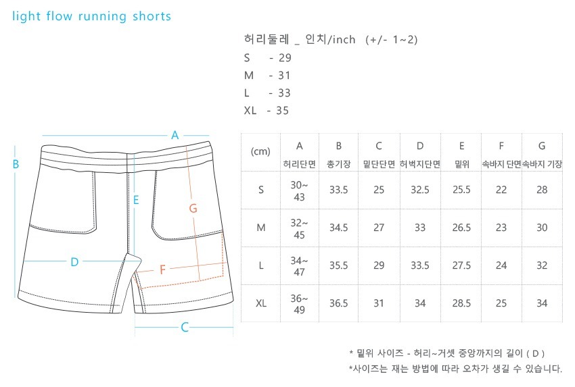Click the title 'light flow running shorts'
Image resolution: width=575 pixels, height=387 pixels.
click(x=92, y=16)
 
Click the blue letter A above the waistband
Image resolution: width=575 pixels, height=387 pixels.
click(x=175, y=134)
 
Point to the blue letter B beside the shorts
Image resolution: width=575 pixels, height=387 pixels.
click(x=15, y=163)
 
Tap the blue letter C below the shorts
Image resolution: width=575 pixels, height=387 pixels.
click(x=184, y=328)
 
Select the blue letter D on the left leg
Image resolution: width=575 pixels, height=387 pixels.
click(x=74, y=262)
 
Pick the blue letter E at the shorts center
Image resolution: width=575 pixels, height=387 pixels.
click(x=136, y=200)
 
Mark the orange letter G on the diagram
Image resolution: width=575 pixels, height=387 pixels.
click(x=193, y=209)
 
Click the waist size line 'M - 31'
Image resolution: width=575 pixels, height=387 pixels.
click(x=268, y=75)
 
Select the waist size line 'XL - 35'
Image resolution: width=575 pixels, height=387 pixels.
click(x=267, y=110)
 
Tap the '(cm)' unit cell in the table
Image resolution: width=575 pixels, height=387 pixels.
click(x=260, y=152)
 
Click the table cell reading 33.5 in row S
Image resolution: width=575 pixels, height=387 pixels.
click(x=338, y=190)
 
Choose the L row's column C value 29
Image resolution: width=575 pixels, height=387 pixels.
click(x=379, y=265)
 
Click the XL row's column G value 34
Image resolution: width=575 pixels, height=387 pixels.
click(x=541, y=303)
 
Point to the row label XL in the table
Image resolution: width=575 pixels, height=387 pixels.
click(x=261, y=303)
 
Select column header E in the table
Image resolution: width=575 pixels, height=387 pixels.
click(x=461, y=146)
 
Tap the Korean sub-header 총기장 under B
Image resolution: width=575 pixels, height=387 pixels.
click(x=338, y=164)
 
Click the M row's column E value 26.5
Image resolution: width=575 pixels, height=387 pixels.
click(x=461, y=228)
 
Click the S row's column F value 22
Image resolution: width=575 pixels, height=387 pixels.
click(x=501, y=190)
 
